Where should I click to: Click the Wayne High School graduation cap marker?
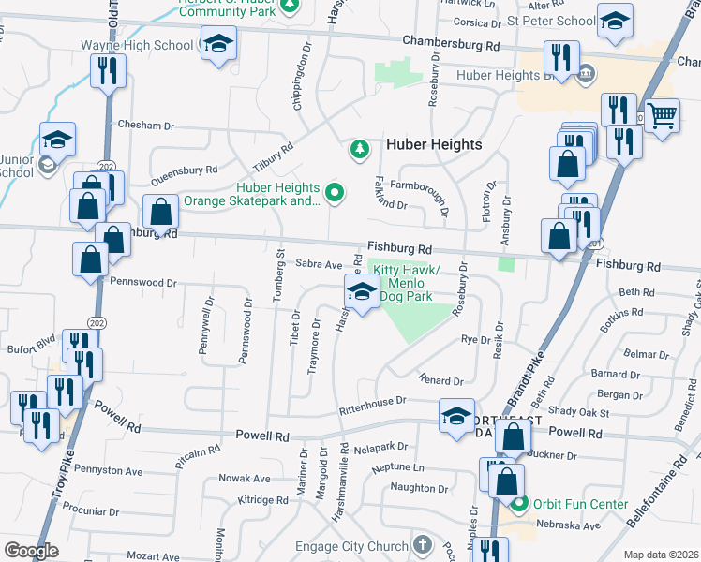[219, 44]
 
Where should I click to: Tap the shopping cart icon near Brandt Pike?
[662, 115]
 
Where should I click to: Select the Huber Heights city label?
[434, 144]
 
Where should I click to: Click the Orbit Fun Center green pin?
[525, 504]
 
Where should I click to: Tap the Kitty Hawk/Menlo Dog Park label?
[403, 283]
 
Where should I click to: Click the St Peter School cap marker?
[614, 22]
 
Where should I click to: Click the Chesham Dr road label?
[146, 126]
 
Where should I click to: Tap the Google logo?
[31, 551]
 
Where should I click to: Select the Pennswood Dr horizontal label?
[143, 282]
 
